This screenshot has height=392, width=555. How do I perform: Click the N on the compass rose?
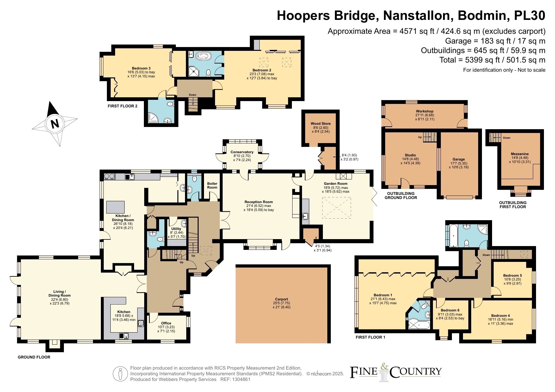[55, 124]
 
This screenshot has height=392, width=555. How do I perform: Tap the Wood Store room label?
[320, 124]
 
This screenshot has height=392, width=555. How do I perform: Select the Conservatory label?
[242, 152]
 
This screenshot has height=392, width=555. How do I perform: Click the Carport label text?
[281, 299]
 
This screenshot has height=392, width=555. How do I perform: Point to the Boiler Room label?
[212, 185]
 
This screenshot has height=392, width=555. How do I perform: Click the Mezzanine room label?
[520, 154]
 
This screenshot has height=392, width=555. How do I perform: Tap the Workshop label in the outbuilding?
[424, 111]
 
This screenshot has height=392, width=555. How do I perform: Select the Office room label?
[166, 323]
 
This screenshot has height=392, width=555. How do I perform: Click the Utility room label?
[176, 229]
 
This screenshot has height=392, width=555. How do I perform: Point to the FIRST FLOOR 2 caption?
[122, 106]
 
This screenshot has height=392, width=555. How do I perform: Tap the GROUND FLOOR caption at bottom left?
[34, 357]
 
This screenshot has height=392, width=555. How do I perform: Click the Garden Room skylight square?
[336, 208]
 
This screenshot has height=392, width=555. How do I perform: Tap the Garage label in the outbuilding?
[459, 160]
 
